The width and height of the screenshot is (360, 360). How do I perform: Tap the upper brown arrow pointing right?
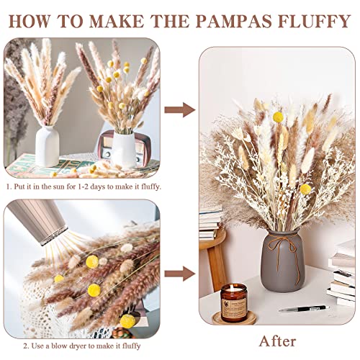click(179, 109)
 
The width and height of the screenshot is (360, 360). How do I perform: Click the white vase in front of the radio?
click(123, 149)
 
